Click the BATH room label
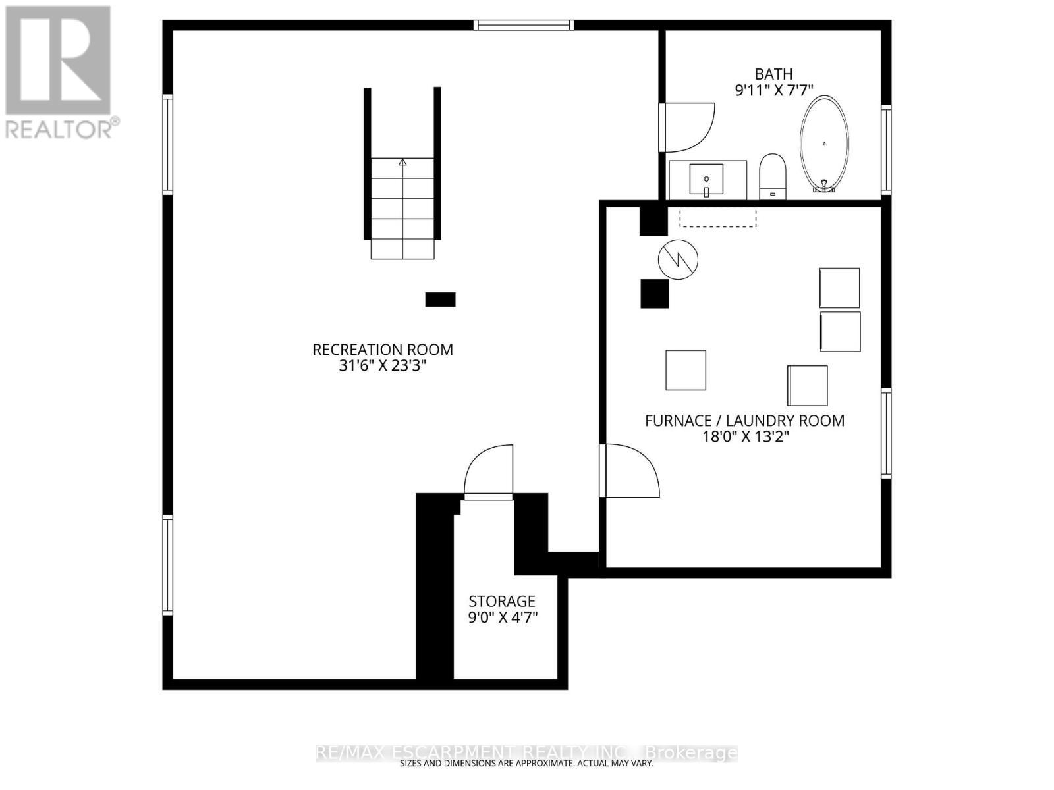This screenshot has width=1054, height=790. click(x=773, y=74)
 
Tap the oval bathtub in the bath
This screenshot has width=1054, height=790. click(x=824, y=144)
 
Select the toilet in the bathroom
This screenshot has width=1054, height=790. click(x=772, y=176)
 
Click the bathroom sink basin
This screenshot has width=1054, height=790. click(x=706, y=178)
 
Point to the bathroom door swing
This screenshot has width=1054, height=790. click(x=688, y=127)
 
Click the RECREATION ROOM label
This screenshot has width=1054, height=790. click(x=383, y=350)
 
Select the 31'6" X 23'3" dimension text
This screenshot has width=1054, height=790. click(x=383, y=366)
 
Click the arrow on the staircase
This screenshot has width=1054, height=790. click(x=402, y=162)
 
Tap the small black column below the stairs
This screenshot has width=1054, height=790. click(x=440, y=300)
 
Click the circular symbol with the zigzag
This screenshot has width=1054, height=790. click(x=678, y=259)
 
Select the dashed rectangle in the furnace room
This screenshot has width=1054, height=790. click(x=718, y=218)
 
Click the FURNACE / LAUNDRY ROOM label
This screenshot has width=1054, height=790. click(x=744, y=421)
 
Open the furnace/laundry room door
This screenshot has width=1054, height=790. click(x=629, y=471)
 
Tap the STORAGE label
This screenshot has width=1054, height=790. click(x=502, y=601)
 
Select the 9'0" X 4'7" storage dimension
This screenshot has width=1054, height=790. click(x=503, y=618)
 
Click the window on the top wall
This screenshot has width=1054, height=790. click(x=524, y=26)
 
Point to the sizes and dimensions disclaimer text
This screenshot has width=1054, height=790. click(x=526, y=764)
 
